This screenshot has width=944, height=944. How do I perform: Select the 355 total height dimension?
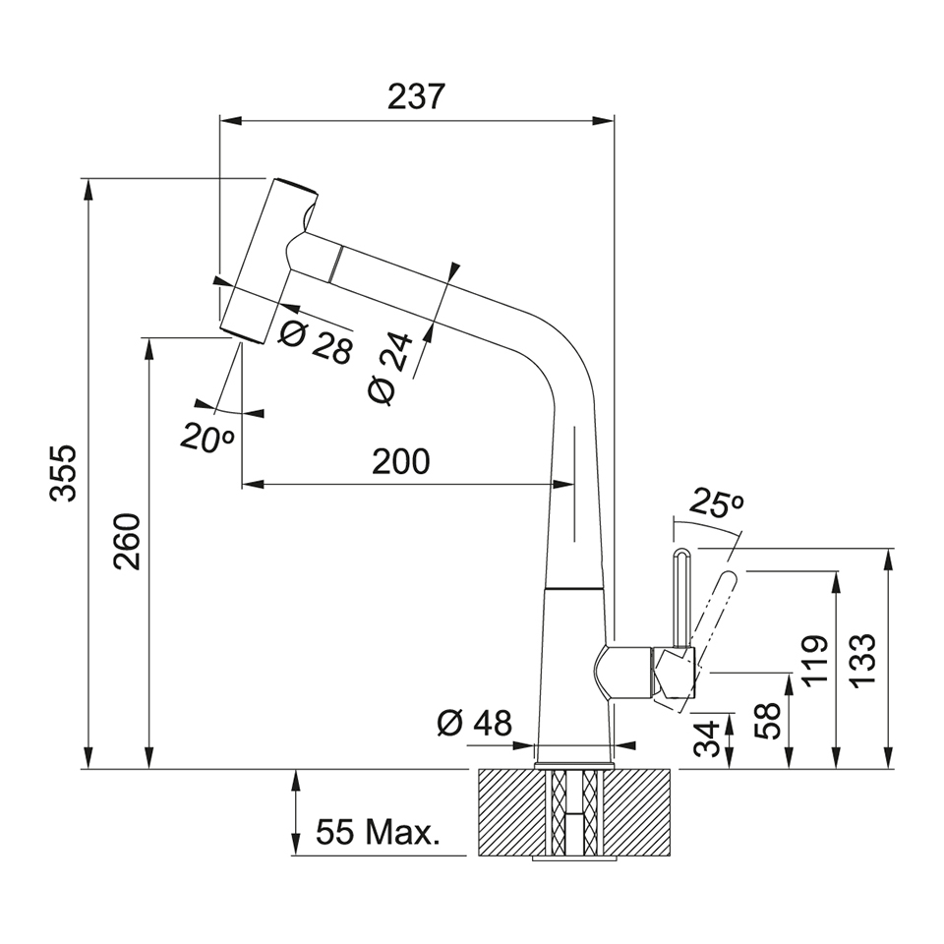point(64,473)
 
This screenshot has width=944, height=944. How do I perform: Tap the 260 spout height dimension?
point(127,541)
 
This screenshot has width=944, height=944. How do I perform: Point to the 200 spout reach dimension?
point(401,462)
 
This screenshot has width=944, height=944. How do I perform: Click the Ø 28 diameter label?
point(316,342)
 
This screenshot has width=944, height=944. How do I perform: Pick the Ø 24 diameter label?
point(390,368)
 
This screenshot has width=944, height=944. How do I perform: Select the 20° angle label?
point(206,438)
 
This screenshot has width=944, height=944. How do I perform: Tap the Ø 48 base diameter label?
point(474,723)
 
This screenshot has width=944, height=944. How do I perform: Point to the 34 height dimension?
point(707,738)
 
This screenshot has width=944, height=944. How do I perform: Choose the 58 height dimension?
point(768,721)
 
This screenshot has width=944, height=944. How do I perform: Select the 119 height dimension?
point(815,662)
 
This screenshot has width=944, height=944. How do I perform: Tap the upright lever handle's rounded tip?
point(682,553)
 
